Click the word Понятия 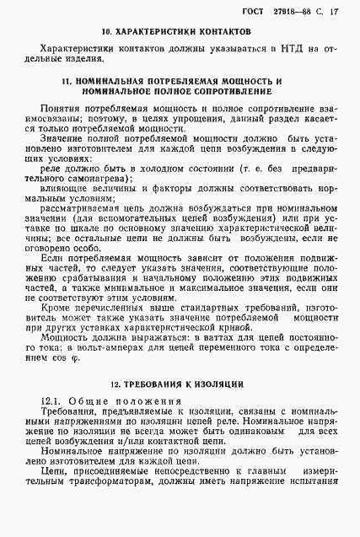point(62,110)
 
